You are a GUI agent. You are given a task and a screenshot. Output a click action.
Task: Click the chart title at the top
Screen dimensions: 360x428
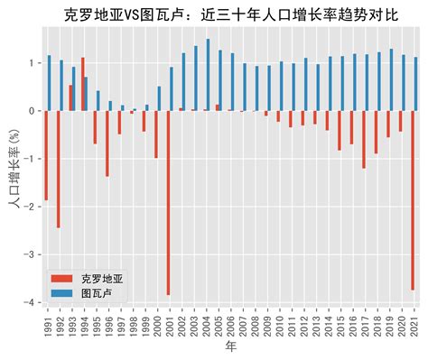coord(233,15)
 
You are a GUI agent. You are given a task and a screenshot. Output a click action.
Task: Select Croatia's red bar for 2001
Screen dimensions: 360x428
coord(168,202)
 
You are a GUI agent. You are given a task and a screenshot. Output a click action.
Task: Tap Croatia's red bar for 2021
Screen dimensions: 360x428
coord(413,200)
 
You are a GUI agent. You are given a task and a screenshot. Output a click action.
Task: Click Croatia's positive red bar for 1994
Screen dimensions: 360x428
coord(83,84)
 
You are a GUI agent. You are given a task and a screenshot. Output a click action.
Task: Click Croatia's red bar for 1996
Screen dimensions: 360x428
coord(107,143)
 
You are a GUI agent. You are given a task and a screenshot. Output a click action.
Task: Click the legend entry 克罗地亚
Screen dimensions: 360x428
coord(98,279)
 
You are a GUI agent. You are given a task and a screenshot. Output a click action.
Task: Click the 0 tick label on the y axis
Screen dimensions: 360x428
coord(34,111)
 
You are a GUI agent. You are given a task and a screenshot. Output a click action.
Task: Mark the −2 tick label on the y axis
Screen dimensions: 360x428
coord(33,207)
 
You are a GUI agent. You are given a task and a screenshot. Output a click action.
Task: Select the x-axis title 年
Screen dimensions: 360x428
coord(230,346)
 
